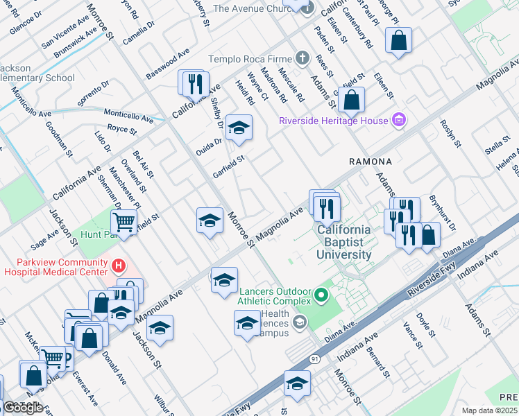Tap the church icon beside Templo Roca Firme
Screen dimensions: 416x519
tap(302, 59)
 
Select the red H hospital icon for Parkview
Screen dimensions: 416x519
tap(119, 265)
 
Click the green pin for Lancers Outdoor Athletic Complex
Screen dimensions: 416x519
tap(321, 296)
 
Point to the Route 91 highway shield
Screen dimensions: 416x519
tap(314, 358)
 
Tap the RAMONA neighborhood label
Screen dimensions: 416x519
tap(370, 162)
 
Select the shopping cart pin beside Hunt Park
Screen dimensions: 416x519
tap(124, 223)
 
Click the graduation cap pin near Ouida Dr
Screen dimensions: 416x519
tap(238, 128)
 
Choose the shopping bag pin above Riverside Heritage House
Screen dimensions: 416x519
tap(352, 101)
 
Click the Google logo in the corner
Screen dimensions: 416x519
tap(23, 407)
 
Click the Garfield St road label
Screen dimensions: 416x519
tap(229, 167)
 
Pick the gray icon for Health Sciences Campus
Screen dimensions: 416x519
tap(299, 321)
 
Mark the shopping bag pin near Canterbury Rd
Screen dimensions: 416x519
tap(399, 41)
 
